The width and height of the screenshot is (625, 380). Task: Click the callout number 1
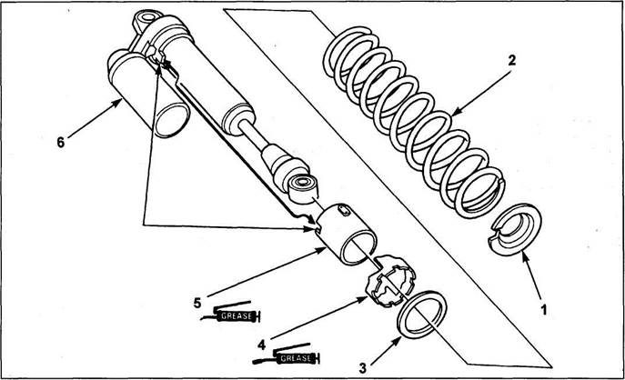tap(544, 309)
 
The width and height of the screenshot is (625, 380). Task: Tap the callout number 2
tap(512, 60)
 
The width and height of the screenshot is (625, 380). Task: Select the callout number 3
tap(362, 368)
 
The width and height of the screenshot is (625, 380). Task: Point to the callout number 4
tap(261, 345)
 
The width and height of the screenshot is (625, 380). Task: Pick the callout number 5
tap(197, 303)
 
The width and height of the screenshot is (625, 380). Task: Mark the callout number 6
tap(61, 142)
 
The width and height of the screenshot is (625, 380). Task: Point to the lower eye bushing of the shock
tap(303, 188)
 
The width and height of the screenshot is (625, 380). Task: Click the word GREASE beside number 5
tap(237, 316)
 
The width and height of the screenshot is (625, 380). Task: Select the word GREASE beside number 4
tap(296, 358)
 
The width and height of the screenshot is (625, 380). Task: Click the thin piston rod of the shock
tap(254, 135)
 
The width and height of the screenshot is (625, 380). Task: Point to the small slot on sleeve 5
tap(345, 210)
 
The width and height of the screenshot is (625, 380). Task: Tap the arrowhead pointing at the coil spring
tap(456, 113)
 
